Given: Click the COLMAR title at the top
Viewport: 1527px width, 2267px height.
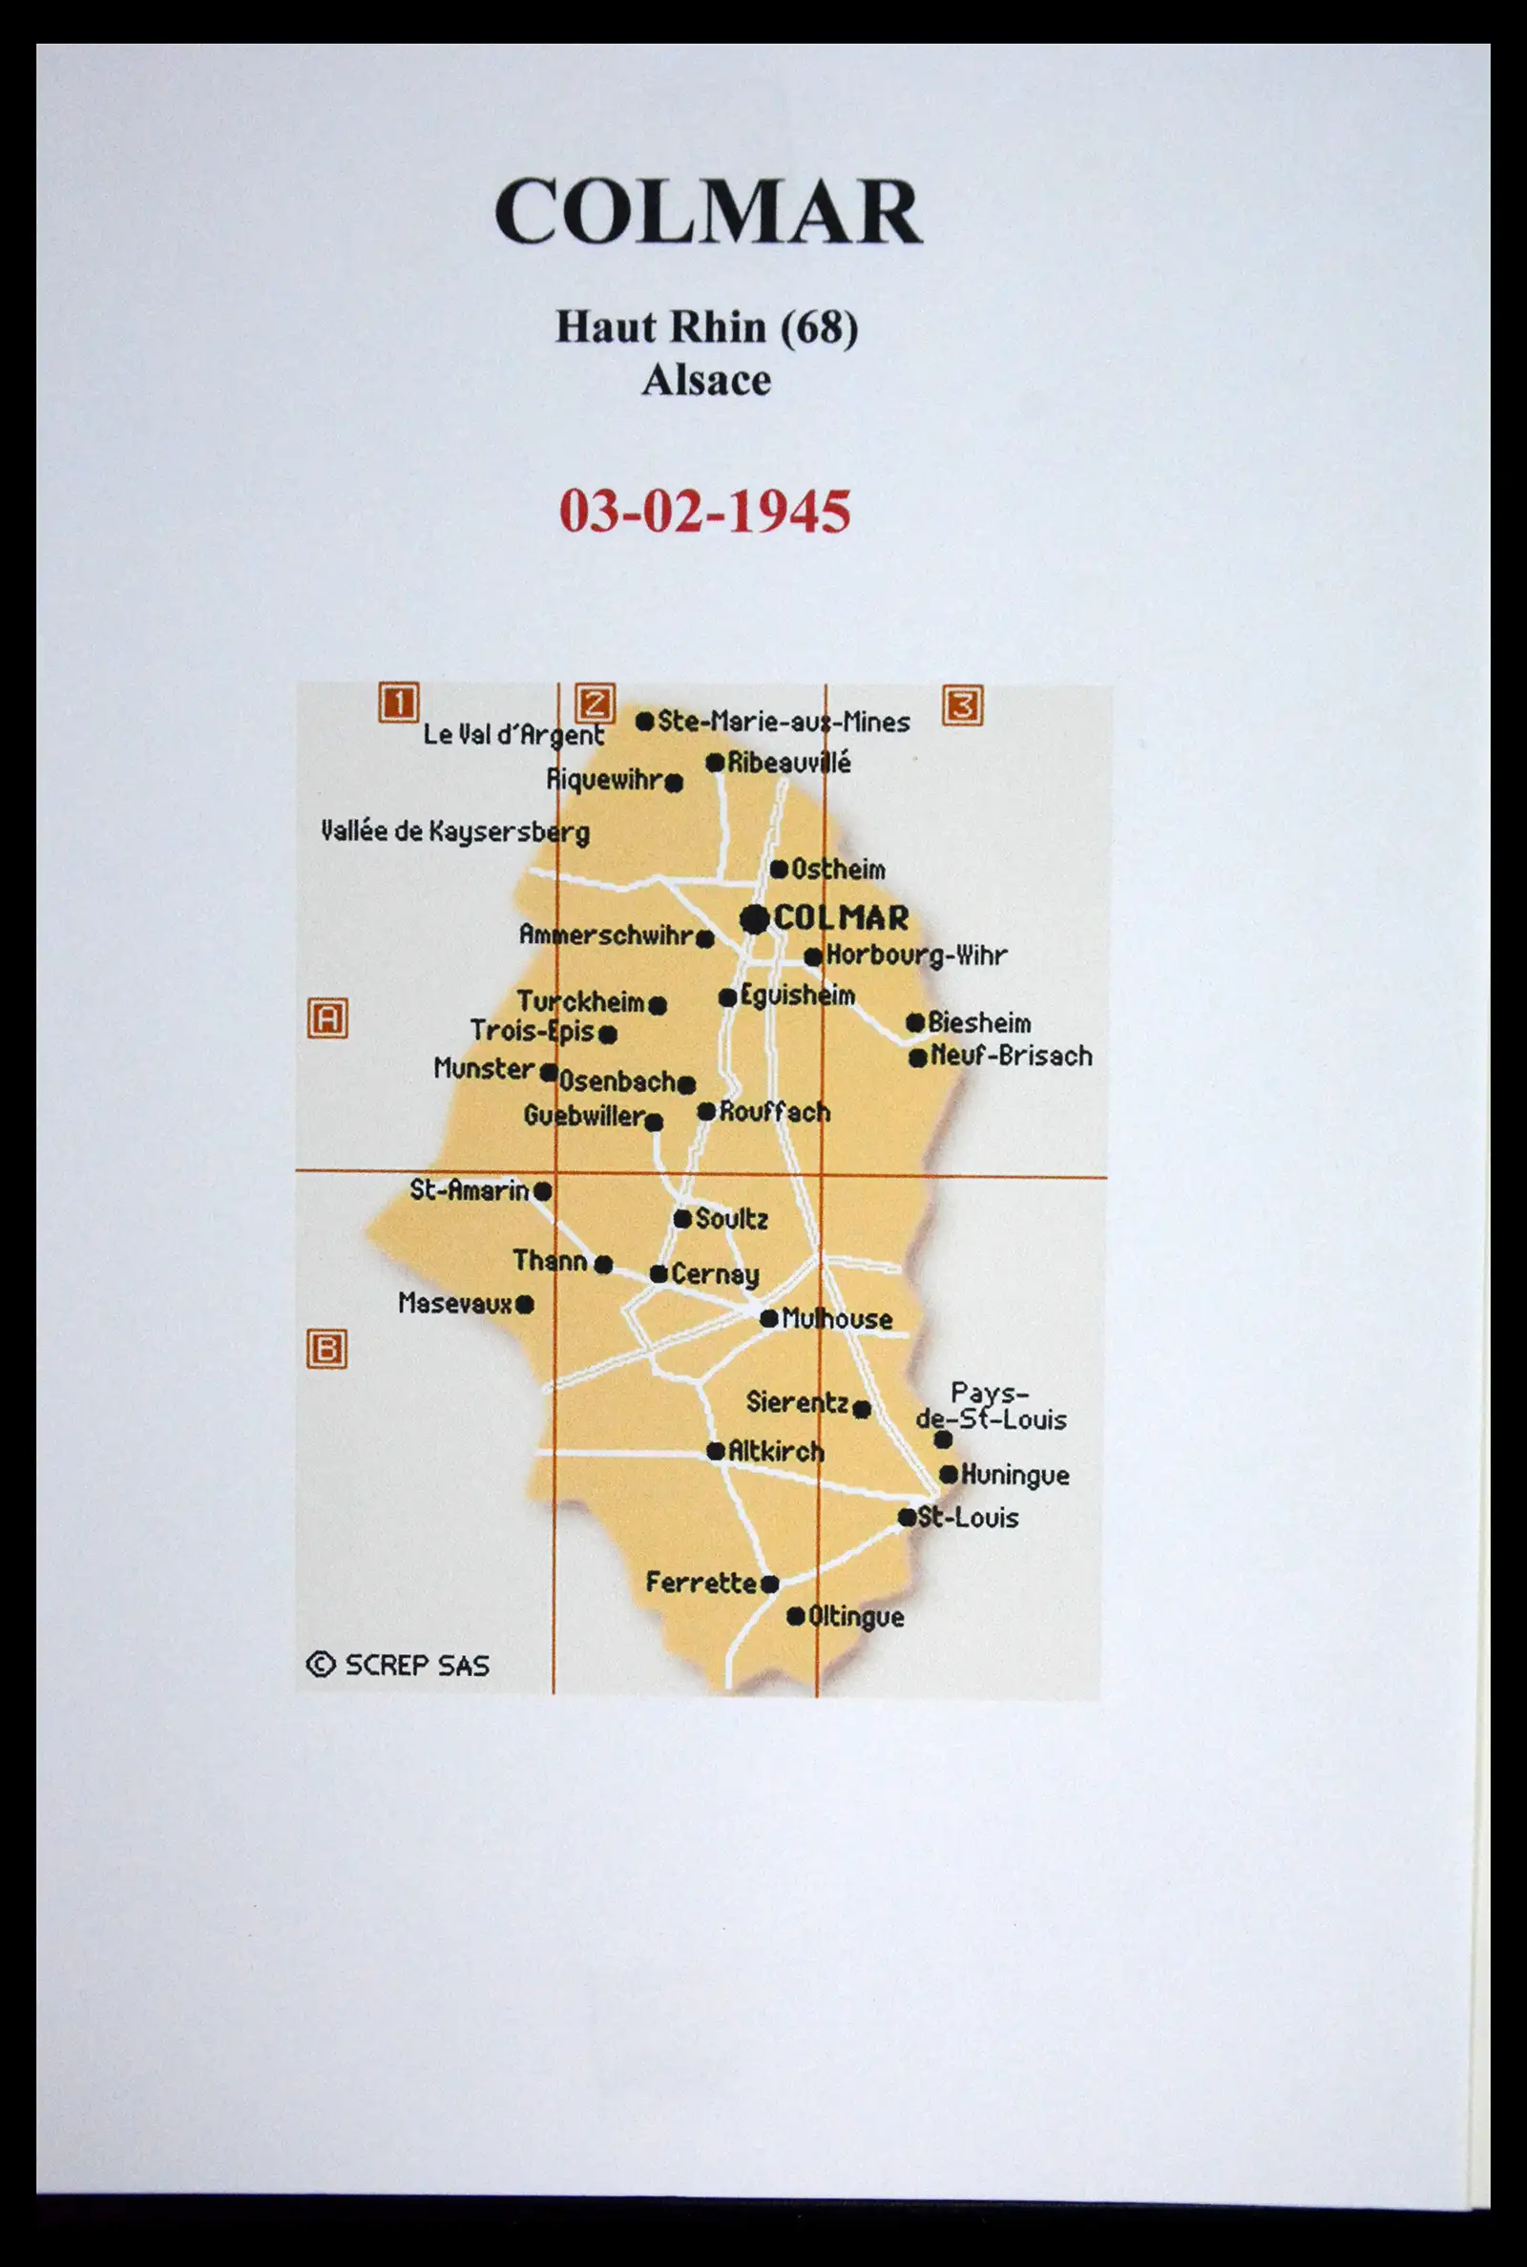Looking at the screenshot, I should tap(708, 212).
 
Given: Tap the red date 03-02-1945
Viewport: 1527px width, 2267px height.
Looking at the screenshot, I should tap(704, 511).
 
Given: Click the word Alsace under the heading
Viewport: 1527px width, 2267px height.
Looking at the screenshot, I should tap(706, 380).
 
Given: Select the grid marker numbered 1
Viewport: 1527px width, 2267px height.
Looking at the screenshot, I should tap(397, 703).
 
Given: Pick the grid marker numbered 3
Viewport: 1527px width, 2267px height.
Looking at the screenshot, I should tap(962, 705).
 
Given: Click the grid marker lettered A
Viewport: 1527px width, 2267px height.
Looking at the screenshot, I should tap(328, 1018).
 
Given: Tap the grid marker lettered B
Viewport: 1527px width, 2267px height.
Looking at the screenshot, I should tap(327, 1350).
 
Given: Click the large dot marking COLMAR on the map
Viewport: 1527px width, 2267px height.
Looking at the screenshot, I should tap(754, 918).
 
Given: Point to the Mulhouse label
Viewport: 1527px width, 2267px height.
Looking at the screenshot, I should tap(837, 1319).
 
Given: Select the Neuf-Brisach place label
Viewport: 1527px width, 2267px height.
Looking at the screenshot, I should tap(1011, 1056).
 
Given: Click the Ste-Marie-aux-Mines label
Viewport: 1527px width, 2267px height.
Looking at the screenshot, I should tap(783, 722).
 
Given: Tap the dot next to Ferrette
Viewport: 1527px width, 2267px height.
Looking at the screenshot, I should tap(769, 1585).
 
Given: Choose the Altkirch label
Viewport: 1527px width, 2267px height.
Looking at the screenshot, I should tap(776, 1452).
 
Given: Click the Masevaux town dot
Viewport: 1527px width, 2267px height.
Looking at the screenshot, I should tap(525, 1304).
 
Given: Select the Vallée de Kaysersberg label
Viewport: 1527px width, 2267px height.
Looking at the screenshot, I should tap(455, 832).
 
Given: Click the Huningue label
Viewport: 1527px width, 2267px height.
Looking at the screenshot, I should tap(1015, 1476).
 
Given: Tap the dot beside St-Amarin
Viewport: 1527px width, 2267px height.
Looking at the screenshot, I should tap(542, 1191).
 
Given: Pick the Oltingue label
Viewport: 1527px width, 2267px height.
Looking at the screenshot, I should tap(856, 1618).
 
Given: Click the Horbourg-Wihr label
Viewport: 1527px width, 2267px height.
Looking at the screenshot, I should tap(915, 955).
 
